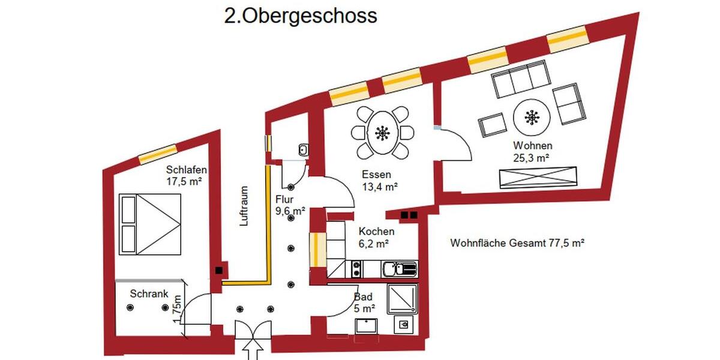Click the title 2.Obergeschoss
(x=301, y=16)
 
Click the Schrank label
(x=148, y=295)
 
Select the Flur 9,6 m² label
(x=290, y=205)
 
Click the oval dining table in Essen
(x=382, y=133)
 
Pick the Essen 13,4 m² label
(x=379, y=181)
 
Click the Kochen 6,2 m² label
(x=376, y=237)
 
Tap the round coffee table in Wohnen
(x=530, y=118)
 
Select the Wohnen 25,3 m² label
(x=532, y=151)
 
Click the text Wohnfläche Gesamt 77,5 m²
(x=517, y=243)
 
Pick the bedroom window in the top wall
(x=157, y=154)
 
